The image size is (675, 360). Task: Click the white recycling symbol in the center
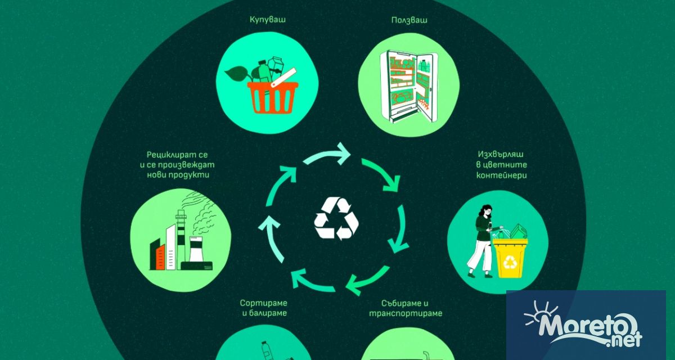(x=336, y=219)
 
